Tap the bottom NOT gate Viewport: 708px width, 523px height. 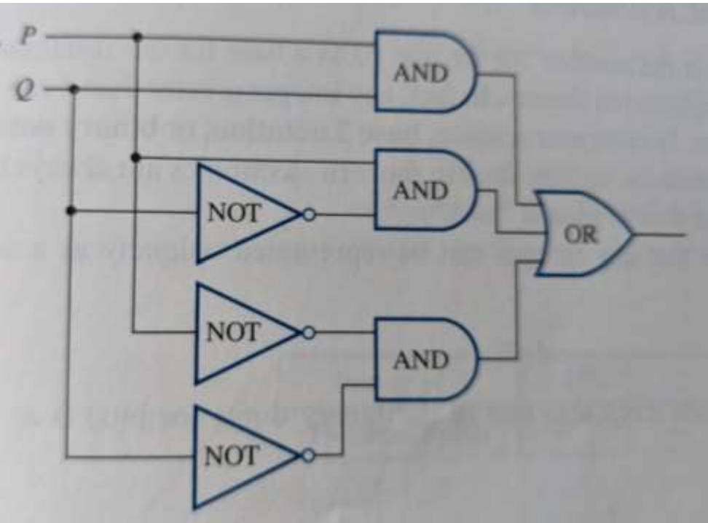(x=240, y=457)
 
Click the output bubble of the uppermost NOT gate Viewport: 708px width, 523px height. (x=310, y=215)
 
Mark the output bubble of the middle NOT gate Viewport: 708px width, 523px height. (x=309, y=333)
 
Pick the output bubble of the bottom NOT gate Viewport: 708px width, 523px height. (x=309, y=456)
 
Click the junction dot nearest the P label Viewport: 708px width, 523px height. (x=136, y=36)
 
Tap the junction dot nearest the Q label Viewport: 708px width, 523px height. (x=73, y=89)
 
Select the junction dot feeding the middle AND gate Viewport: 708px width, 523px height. (x=136, y=156)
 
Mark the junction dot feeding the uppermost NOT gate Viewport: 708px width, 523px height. (x=71, y=211)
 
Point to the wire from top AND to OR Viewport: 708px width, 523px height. (x=516, y=138)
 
